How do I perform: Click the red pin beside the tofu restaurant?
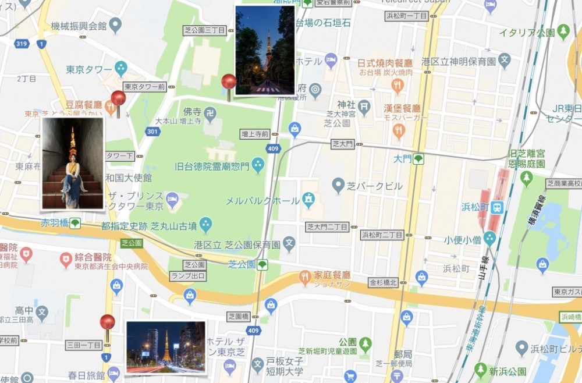[x=118, y=99]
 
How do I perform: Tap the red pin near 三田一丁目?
[x=107, y=323]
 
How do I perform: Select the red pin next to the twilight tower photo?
[x=229, y=83]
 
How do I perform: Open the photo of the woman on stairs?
[x=73, y=163]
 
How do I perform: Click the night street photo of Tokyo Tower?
[x=166, y=347]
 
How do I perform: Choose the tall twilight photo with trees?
[x=265, y=50]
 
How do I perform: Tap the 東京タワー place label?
[x=88, y=69]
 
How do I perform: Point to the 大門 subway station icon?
[x=418, y=158]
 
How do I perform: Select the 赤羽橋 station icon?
[x=75, y=223]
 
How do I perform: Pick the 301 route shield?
[x=152, y=132]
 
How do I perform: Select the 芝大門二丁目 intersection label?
[x=327, y=226]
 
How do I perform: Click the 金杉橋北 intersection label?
[x=383, y=283]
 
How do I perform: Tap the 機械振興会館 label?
[x=79, y=26]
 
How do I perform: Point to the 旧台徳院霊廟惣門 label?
[x=212, y=166]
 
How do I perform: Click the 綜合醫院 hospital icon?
[x=66, y=257]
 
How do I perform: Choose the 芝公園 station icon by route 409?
[x=262, y=265]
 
